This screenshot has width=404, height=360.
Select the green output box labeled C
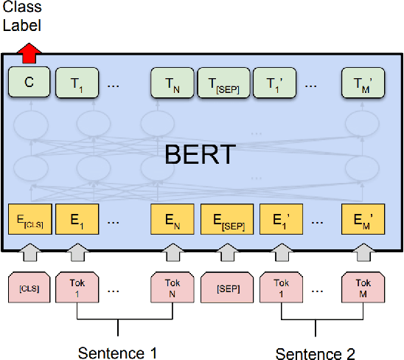[x=29, y=83]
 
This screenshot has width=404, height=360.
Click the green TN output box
[x=173, y=83]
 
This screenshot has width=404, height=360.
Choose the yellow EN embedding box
[x=173, y=220]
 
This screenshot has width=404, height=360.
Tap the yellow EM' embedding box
[x=363, y=220]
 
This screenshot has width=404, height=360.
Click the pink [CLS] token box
[x=28, y=287]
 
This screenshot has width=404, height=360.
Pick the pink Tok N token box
[x=173, y=287]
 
